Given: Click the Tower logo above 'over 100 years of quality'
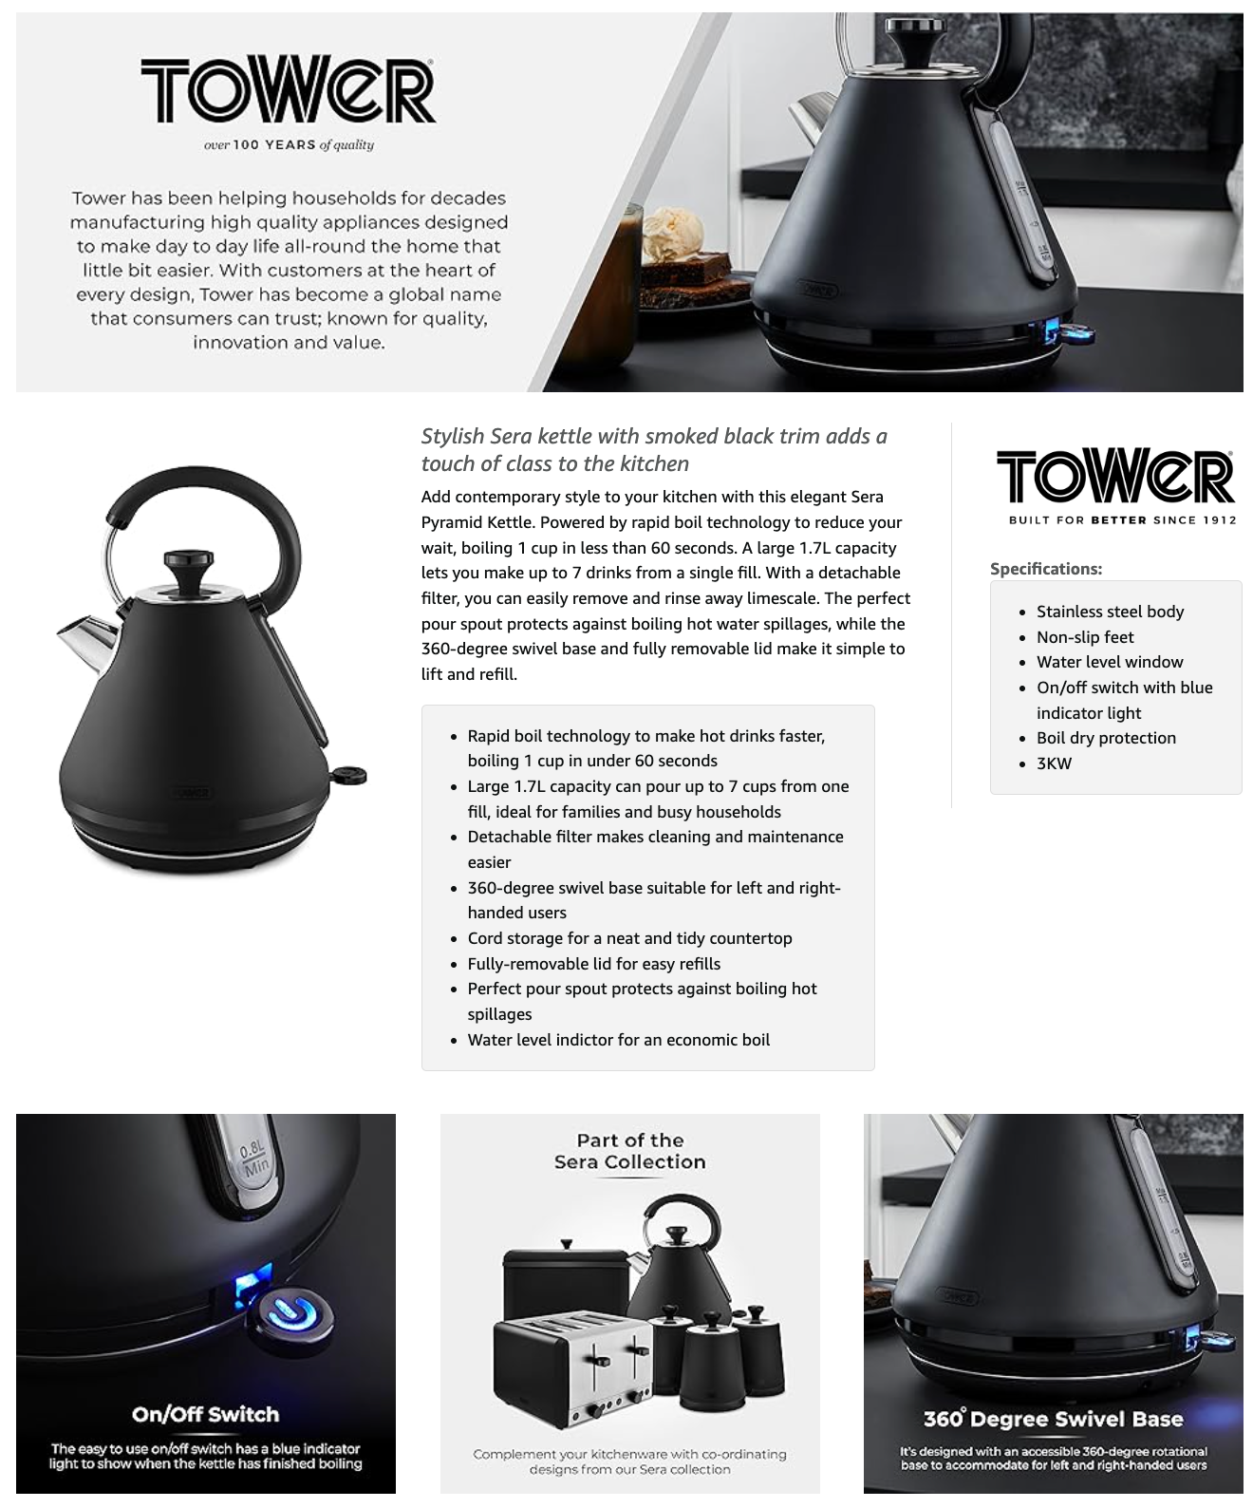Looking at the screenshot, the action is pyautogui.click(x=289, y=89).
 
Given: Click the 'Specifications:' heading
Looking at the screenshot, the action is pyautogui.click(x=1046, y=569).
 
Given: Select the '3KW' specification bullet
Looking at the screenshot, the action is pyautogui.click(x=1054, y=763).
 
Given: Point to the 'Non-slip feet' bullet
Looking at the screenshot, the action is pyautogui.click(x=1085, y=637).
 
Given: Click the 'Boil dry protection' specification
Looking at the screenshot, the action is pyautogui.click(x=1106, y=738).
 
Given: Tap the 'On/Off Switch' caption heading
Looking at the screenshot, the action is pyautogui.click(x=205, y=1413).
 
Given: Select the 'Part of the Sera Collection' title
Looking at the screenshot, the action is pyautogui.click(x=629, y=1151).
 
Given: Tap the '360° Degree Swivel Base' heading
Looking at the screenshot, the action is pyautogui.click(x=1053, y=1419).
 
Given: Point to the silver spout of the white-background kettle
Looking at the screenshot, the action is pyautogui.click(x=88, y=642).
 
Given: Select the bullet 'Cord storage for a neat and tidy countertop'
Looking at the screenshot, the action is pyautogui.click(x=629, y=938).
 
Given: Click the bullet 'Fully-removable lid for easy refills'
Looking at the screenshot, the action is pyautogui.click(x=593, y=964).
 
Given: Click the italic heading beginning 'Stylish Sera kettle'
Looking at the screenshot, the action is pyautogui.click(x=654, y=449).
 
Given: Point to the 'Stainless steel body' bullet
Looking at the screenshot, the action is pyautogui.click(x=1110, y=611).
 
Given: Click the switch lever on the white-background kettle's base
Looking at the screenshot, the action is pyautogui.click(x=348, y=777).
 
